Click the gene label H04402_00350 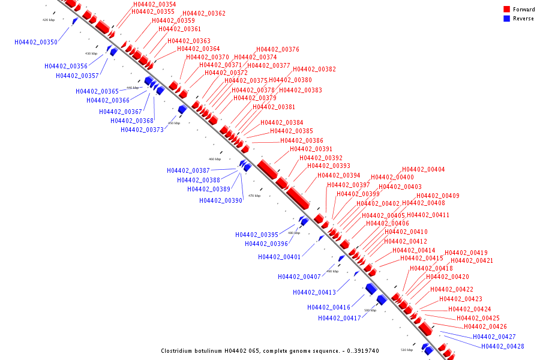[36, 43]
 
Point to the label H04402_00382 [314, 70]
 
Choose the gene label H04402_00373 [142, 130]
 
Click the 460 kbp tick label [214, 159]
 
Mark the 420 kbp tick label [49, 20]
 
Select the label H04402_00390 [221, 201]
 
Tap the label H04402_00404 [424, 170]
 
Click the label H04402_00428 [503, 347]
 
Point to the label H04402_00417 [340, 319]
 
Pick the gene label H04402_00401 [280, 257]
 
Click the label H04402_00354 [155, 5]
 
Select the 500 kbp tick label [370, 310]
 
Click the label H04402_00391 [311, 149]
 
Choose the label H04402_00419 [466, 253]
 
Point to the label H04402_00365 [97, 92]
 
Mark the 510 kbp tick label [407, 350]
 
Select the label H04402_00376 [278, 50]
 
